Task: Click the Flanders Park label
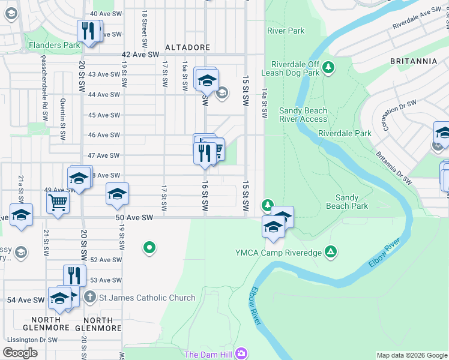tap(54, 45)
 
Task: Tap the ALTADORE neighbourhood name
tap(187, 47)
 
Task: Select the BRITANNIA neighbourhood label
tap(413, 61)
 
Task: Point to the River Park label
tap(286, 31)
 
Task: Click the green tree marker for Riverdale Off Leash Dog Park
tap(328, 68)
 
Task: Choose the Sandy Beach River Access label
tap(303, 115)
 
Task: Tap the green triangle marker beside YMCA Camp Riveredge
tap(330, 250)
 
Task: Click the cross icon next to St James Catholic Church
tap(89, 297)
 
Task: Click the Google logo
tap(20, 353)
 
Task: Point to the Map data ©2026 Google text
tap(411, 355)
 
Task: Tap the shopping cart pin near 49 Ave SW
tap(58, 202)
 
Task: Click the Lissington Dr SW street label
tap(32, 340)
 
